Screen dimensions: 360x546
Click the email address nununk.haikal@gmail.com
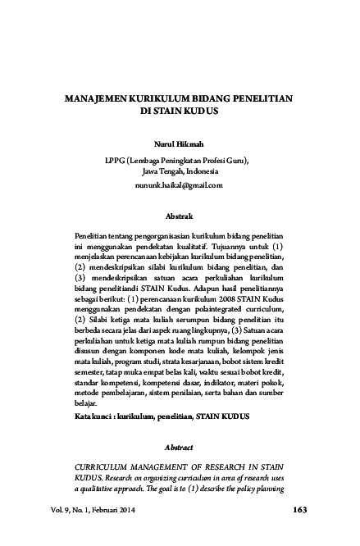(x=180, y=187)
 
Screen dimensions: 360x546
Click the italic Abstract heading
(x=180, y=448)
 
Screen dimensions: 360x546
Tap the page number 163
(x=298, y=511)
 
